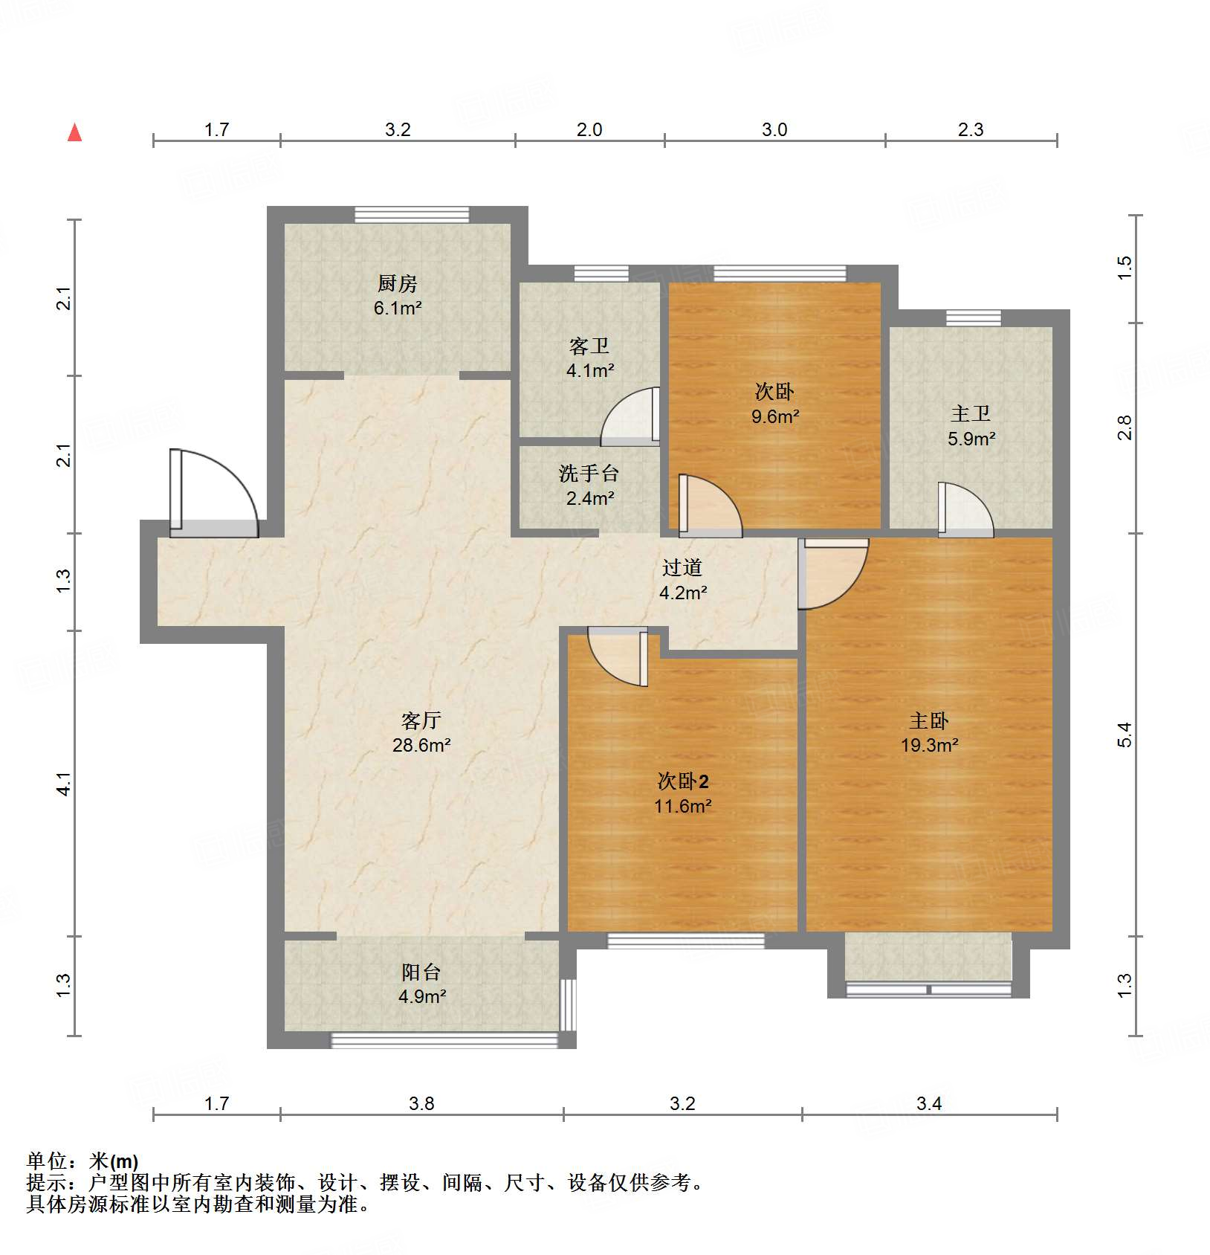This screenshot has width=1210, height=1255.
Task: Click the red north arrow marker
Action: tap(74, 133)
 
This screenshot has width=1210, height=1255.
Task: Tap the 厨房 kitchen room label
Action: tap(398, 283)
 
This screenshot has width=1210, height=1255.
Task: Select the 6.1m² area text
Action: tap(398, 308)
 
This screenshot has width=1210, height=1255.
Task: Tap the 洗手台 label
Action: tap(589, 474)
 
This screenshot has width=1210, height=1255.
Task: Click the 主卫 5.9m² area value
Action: tap(971, 439)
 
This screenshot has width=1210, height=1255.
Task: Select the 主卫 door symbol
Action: tap(965, 511)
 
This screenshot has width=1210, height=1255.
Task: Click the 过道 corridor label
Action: tap(682, 568)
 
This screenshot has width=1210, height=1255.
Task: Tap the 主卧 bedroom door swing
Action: tap(834, 572)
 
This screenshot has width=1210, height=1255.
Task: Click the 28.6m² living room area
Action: tap(421, 745)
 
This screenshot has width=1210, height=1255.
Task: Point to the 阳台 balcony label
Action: tap(421, 972)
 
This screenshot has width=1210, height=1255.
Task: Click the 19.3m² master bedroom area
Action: tap(929, 745)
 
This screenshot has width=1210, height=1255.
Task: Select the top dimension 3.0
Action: tap(774, 130)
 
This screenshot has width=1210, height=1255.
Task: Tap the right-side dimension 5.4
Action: tap(1125, 735)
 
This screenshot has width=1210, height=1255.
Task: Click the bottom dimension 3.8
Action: tap(421, 1103)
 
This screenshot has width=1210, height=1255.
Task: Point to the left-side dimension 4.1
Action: tap(65, 784)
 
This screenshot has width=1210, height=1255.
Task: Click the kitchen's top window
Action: tap(412, 215)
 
